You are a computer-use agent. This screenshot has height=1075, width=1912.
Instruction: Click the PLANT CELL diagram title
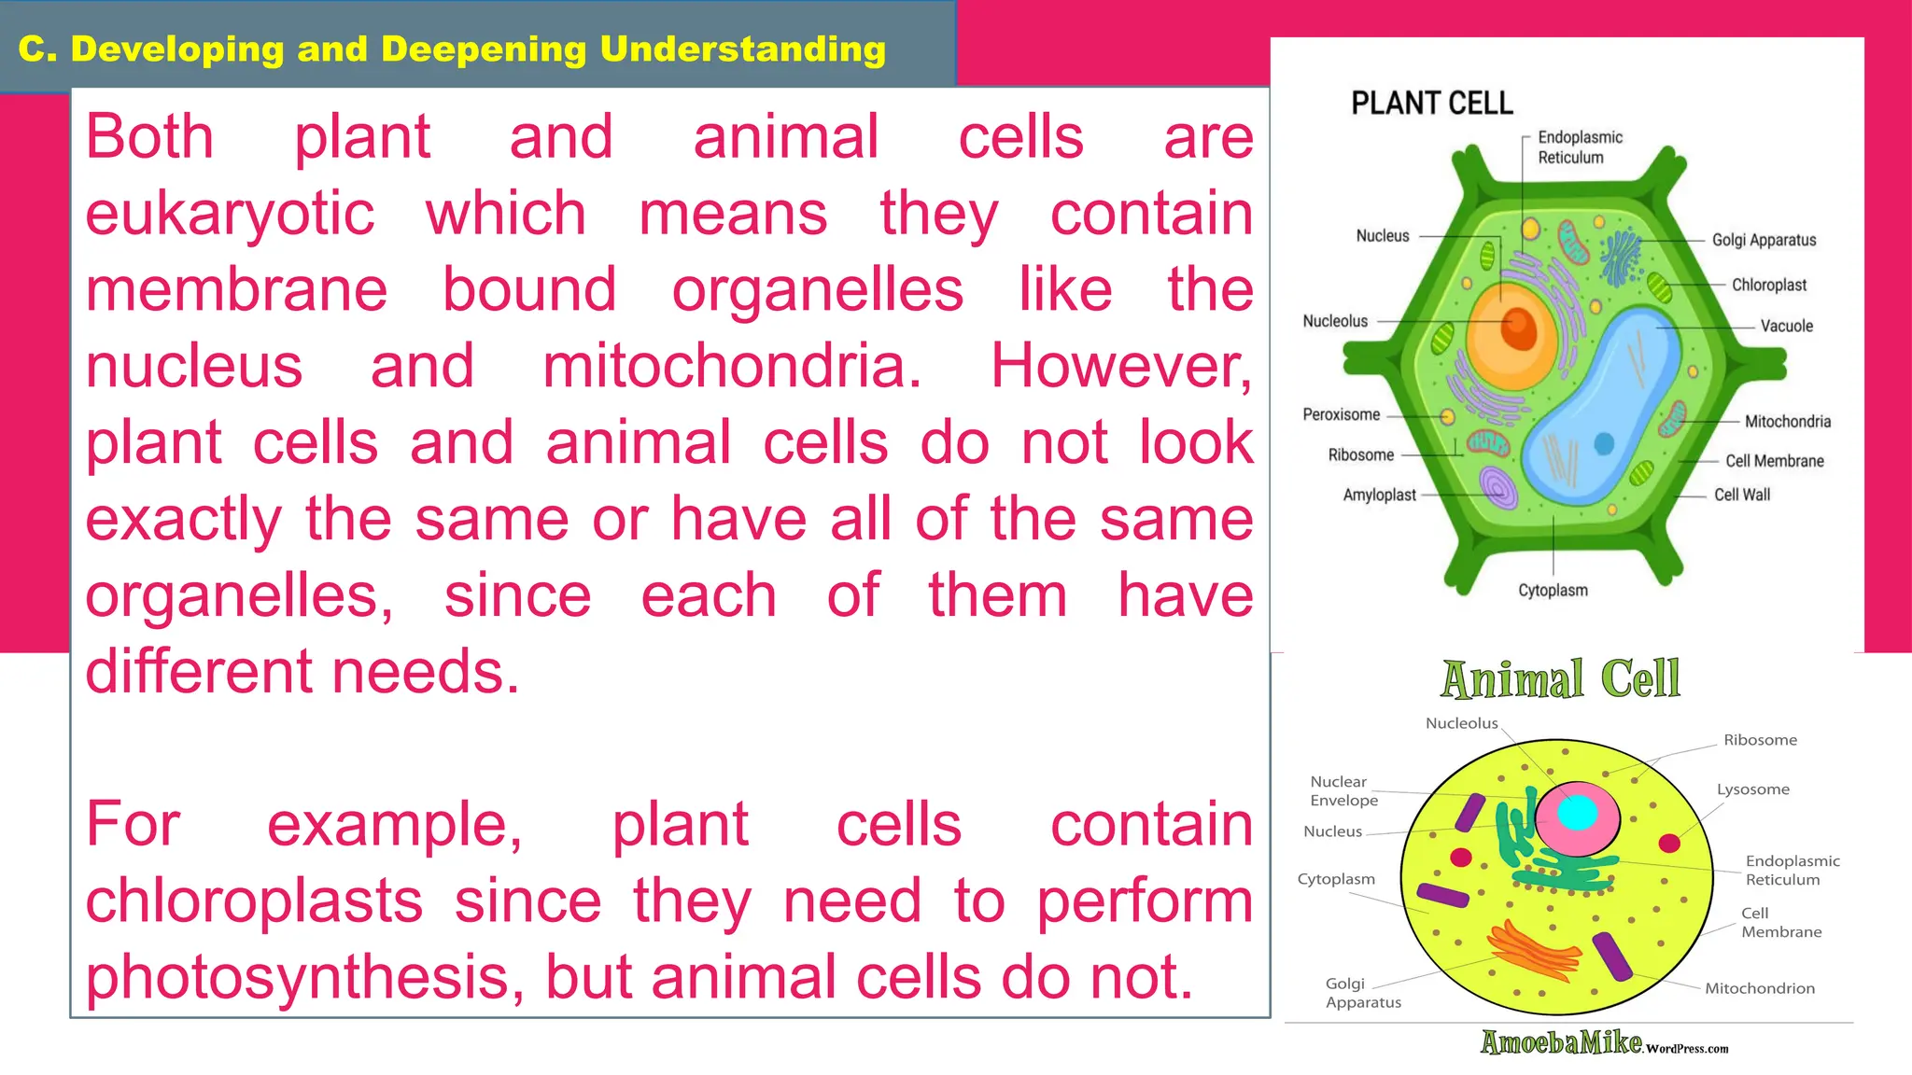(1431, 103)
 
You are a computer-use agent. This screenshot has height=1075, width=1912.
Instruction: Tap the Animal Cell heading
(1560, 678)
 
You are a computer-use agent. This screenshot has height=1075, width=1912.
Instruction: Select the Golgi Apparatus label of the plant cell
(1764, 240)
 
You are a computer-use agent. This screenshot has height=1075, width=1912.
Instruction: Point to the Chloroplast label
(1768, 285)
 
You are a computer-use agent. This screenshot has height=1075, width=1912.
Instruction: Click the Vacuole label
(1786, 326)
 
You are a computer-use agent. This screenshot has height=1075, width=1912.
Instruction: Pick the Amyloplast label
(1379, 495)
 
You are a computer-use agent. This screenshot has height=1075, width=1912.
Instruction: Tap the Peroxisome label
(1341, 414)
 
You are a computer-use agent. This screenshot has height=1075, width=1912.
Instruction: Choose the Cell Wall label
(1741, 495)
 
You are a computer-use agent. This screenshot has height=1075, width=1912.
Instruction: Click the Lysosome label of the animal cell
(1752, 789)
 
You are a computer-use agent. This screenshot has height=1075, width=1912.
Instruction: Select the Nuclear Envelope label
(1343, 790)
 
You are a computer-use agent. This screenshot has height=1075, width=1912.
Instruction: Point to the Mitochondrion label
(1759, 988)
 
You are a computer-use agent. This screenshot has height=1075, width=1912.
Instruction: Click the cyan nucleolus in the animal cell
(1577, 812)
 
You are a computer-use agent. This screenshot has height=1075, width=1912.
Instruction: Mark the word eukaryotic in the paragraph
(230, 214)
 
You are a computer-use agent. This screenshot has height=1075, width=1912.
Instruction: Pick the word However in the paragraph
(1120, 366)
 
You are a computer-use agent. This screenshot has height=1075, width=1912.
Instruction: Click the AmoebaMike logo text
(1561, 1042)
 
